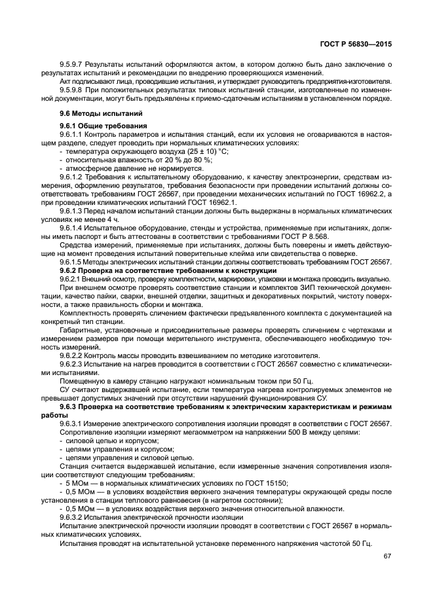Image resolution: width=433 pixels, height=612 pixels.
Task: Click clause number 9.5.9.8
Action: [x=73, y=90]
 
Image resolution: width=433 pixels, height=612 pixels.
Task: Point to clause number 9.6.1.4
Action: [x=73, y=228]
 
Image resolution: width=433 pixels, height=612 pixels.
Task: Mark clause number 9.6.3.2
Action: [x=73, y=517]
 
